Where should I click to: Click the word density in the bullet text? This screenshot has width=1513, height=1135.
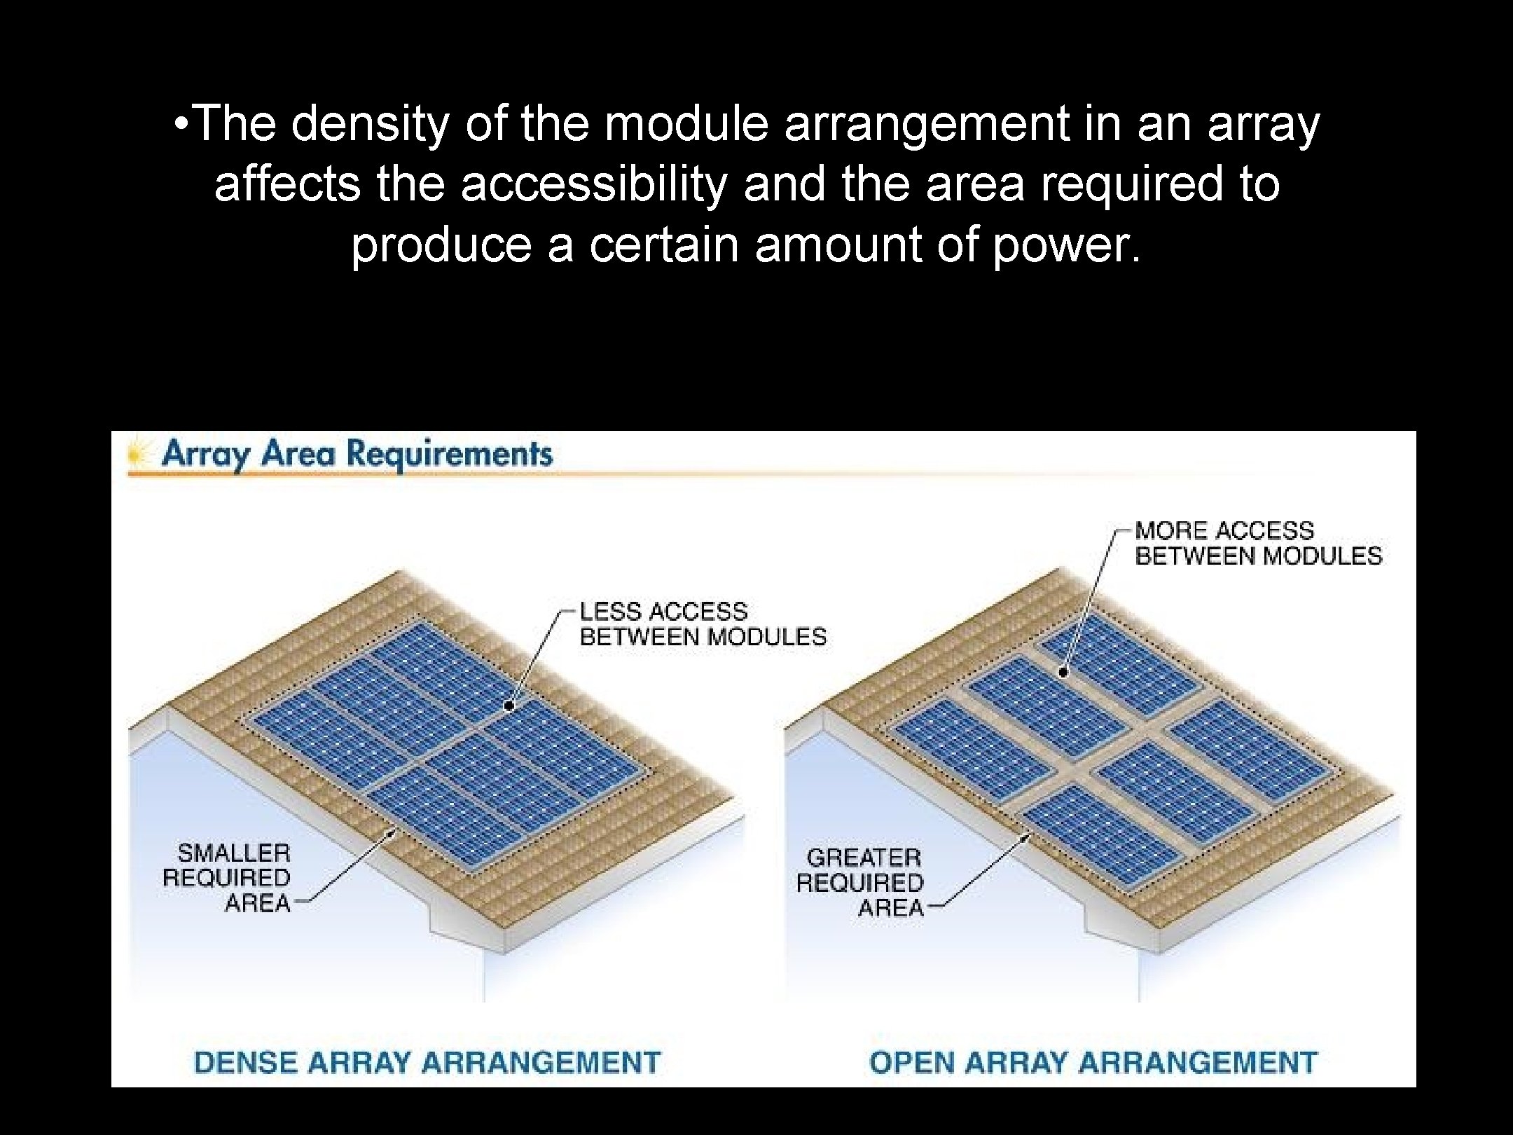(368, 125)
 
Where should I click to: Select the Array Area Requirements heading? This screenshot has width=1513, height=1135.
(357, 454)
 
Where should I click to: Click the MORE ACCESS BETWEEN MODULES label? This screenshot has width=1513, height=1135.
(1258, 543)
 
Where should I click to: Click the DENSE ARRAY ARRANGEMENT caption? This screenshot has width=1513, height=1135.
(427, 1062)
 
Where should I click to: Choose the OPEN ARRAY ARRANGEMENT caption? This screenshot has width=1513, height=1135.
(1093, 1062)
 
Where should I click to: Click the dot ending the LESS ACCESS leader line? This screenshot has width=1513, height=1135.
(510, 706)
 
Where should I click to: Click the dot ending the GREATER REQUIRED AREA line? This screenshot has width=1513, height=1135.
(1028, 836)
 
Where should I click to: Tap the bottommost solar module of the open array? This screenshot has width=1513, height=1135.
(1100, 830)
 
